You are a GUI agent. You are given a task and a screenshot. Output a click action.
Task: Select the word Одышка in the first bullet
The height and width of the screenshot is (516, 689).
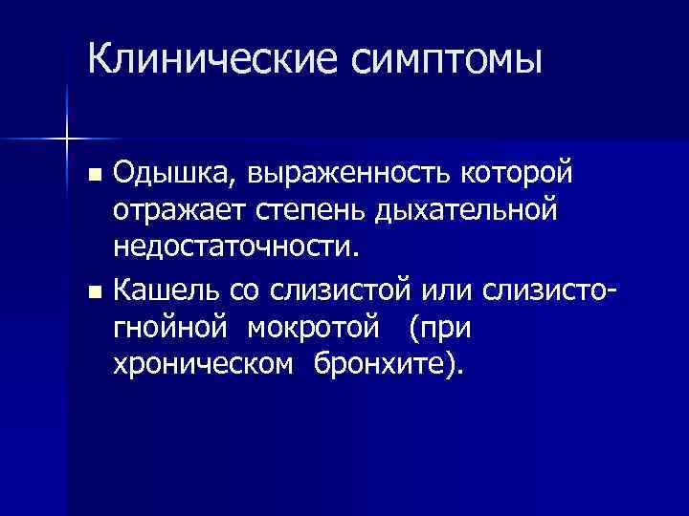(x=160, y=175)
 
